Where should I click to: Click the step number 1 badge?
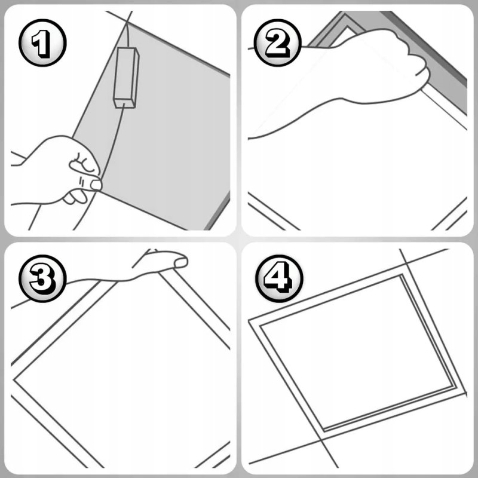tap(42, 42)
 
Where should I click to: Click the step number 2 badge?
tap(278, 42)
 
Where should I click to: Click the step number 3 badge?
tap(42, 278)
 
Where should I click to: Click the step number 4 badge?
tap(279, 278)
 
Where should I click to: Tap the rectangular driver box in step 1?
tap(126, 78)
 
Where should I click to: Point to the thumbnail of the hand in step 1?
tap(96, 185)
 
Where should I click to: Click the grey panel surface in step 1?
tap(171, 137)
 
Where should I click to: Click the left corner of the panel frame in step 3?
tap(14, 380)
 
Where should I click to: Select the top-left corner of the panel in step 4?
tap(250, 321)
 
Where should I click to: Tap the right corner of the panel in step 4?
tap(465, 393)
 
